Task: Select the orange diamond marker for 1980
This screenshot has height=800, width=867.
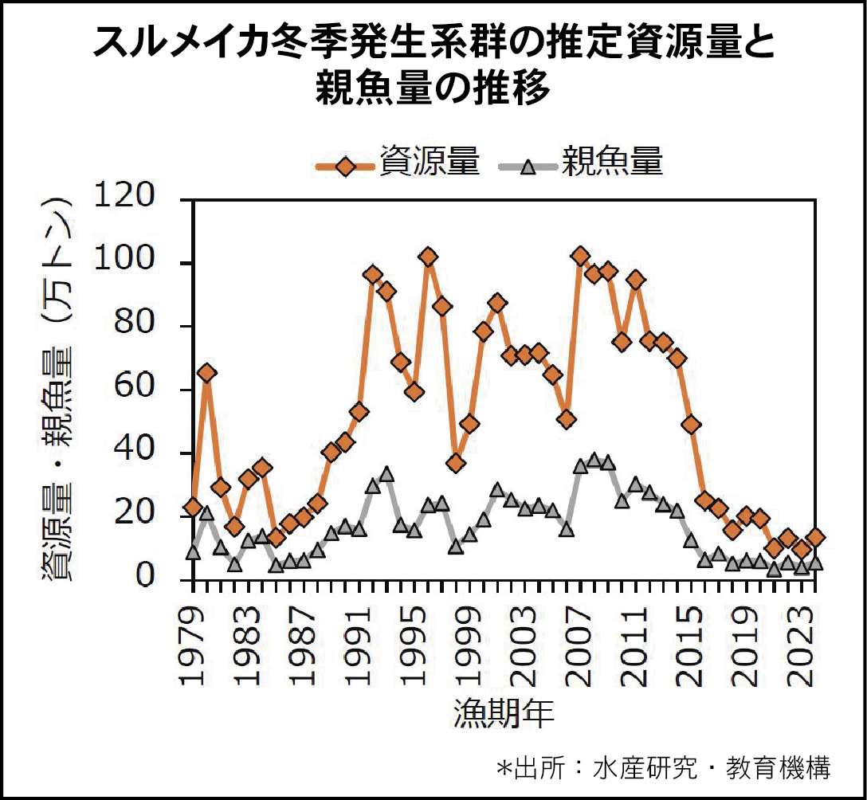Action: pos(206,373)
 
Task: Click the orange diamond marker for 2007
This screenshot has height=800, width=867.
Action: pos(580,256)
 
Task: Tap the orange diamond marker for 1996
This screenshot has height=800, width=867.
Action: pos(428,257)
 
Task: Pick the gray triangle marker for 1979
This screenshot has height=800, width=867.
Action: pos(193,551)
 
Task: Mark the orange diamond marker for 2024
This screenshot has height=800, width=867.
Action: pos(815,538)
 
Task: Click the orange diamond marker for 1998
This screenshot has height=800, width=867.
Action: pos(456,463)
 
